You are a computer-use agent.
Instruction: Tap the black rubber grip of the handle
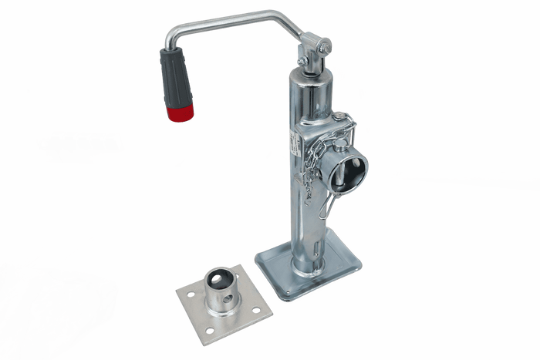coord(174,80)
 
